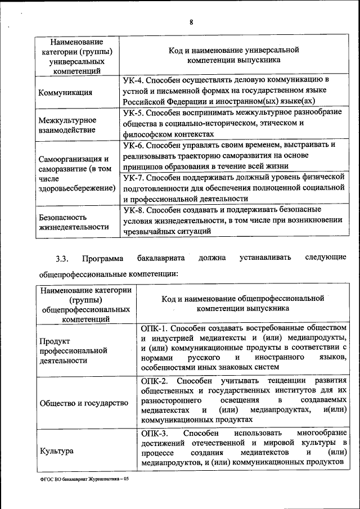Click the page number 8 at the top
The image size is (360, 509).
point(191,22)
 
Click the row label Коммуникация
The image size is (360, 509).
point(65,93)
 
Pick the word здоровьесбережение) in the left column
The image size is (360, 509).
point(74,188)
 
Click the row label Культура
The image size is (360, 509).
point(57,451)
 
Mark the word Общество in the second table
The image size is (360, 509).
point(58,403)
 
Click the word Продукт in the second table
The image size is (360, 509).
point(55,341)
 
